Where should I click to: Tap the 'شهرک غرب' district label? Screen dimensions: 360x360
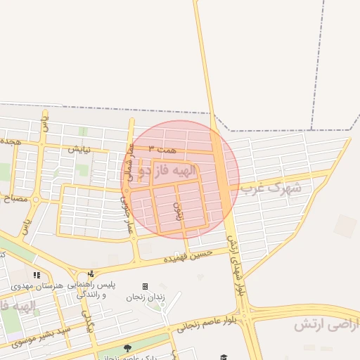pos(270,188)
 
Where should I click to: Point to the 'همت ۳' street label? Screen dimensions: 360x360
pos(161,149)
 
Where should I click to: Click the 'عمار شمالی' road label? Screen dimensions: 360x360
pos(129,160)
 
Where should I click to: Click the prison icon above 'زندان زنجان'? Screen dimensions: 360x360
pos(145,286)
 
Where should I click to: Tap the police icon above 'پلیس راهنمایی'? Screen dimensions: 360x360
pos(91,274)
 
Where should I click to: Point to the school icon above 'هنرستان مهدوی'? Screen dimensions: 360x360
pos(37,275)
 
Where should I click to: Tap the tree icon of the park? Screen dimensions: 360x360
pos(127,348)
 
